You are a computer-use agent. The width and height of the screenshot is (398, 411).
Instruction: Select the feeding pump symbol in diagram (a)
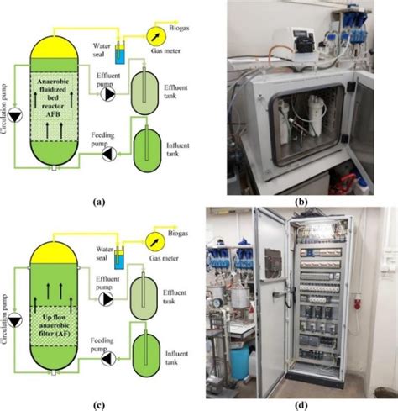click(x=107, y=154)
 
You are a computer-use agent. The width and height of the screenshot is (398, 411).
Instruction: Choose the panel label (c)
click(x=100, y=405)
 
